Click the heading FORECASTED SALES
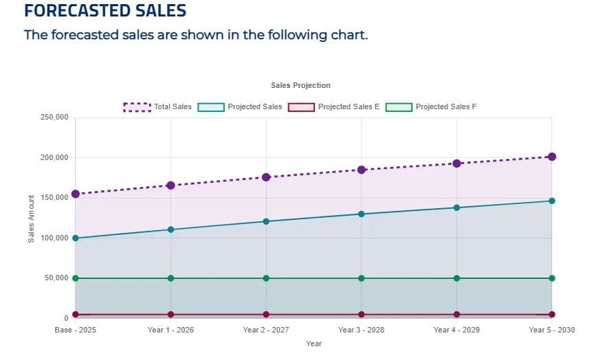[105, 11]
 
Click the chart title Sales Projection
[300, 85]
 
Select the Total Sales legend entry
[157, 106]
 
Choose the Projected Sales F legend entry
[431, 106]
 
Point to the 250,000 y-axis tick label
[54, 117]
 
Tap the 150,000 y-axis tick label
[54, 198]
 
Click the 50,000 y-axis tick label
[56, 278]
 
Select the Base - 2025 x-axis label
[76, 330]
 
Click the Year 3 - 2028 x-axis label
[361, 330]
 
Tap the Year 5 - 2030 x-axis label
[551, 330]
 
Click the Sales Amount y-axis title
[31, 218]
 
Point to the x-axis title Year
[314, 344]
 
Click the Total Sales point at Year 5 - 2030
[551, 157]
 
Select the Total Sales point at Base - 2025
[76, 194]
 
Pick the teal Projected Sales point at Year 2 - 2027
[266, 221]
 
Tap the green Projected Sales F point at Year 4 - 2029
[457, 278]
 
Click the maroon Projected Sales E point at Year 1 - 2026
[171, 315]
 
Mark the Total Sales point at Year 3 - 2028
[361, 170]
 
